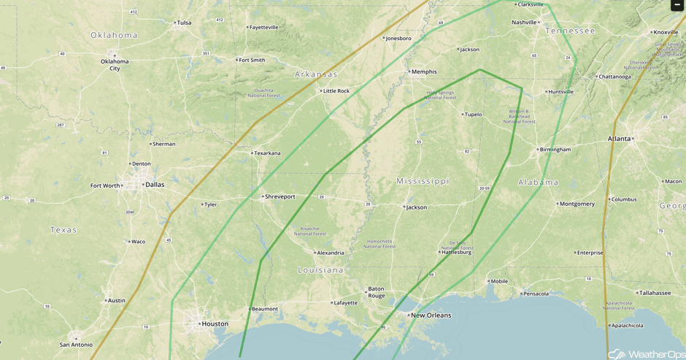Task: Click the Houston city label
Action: click(215, 323)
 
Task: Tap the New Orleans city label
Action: click(431, 315)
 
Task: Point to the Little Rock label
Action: click(336, 91)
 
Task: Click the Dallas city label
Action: click(155, 185)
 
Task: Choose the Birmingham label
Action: click(555, 150)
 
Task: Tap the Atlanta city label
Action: click(620, 139)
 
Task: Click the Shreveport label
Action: click(280, 196)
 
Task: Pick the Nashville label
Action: click(524, 23)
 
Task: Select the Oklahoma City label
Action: click(115, 64)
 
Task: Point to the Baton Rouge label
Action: click(376, 292)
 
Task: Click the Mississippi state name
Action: click(423, 180)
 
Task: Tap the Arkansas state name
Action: click(316, 74)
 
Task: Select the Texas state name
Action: click(63, 230)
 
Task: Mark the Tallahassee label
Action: click(655, 293)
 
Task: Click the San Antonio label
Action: click(75, 344)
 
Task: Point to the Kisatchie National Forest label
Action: click(310, 231)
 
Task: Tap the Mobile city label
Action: click(499, 281)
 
